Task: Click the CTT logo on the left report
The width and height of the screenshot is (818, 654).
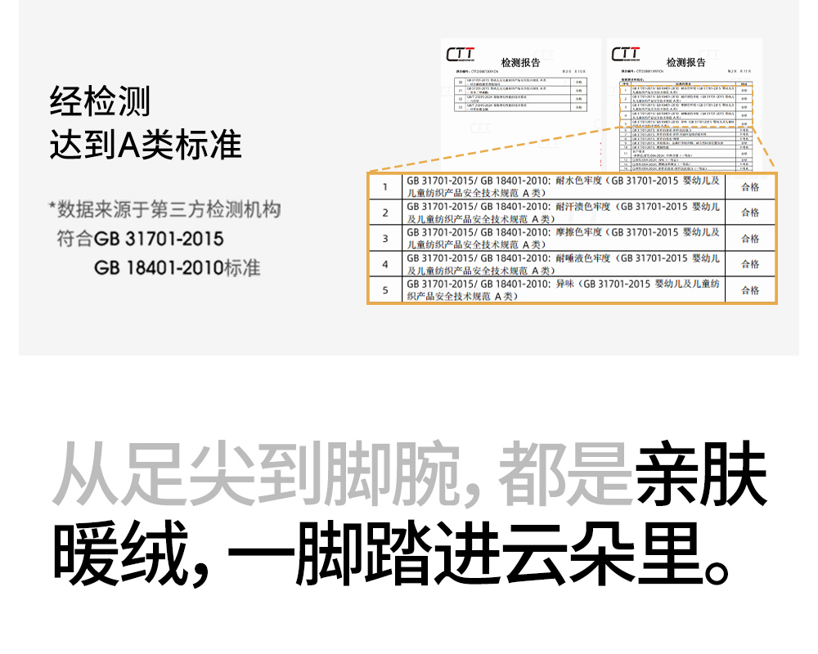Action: pos(461,55)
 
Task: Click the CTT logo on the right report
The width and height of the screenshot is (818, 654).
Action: pos(626,55)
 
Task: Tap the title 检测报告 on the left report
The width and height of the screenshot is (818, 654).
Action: pos(520,63)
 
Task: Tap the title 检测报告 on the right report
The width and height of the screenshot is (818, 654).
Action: pos(685,63)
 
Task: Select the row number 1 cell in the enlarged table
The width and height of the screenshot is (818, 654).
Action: pos(385,187)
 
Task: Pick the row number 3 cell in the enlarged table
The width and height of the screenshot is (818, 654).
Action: pos(385,239)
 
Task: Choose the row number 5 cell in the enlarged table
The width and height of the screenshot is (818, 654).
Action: pos(385,290)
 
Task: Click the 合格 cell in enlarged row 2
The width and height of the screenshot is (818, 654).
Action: pos(750,213)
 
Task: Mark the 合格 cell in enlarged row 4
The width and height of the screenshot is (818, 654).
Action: pos(750,264)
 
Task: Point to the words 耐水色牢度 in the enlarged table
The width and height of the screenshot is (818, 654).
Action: pos(582,181)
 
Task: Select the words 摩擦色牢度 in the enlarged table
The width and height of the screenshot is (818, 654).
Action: pos(582,233)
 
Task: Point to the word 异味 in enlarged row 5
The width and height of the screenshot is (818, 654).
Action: pos(566,284)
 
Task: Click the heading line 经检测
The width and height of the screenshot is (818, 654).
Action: pos(100,102)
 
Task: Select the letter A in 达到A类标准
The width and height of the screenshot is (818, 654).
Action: pos(130,145)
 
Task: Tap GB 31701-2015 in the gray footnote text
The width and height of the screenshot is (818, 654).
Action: pos(159,239)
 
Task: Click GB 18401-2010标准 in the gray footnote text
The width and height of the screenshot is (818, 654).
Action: pos(177,267)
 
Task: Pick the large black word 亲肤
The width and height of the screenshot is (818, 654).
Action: pos(701,476)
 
